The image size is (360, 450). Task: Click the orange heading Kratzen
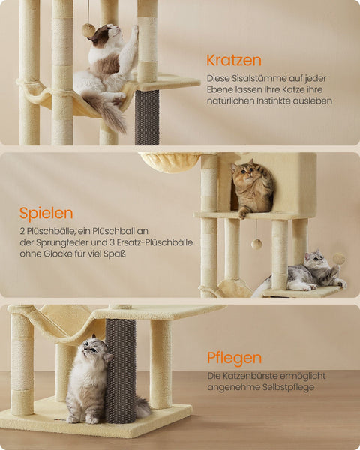click(234, 59)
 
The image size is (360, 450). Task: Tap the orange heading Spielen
click(46, 213)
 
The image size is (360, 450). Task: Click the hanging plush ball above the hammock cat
click(88, 30)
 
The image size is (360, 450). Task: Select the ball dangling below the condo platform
click(256, 244)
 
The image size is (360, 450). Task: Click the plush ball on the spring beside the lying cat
click(339, 258)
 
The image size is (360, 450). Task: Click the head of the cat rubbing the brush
click(94, 349)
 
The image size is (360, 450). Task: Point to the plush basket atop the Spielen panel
click(169, 161)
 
